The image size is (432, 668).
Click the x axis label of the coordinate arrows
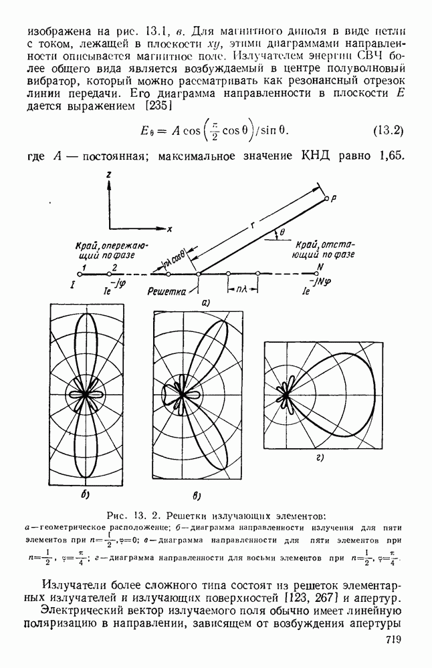coord(170,229)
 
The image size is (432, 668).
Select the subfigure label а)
coord(206,302)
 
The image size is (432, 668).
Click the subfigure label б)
coord(86,494)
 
